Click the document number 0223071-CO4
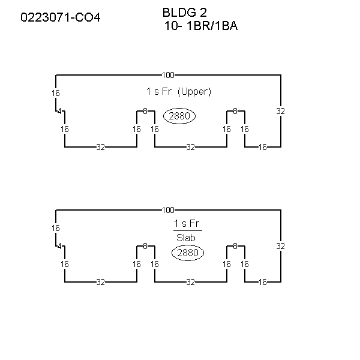click(61, 17)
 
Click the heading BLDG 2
click(185, 13)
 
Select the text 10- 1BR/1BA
click(201, 26)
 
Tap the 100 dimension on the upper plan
click(168, 75)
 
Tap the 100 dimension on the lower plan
click(168, 210)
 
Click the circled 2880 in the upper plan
click(179, 116)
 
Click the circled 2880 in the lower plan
click(188, 253)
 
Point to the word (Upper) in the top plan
click(194, 92)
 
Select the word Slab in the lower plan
click(186, 238)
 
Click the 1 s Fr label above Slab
click(187, 223)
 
